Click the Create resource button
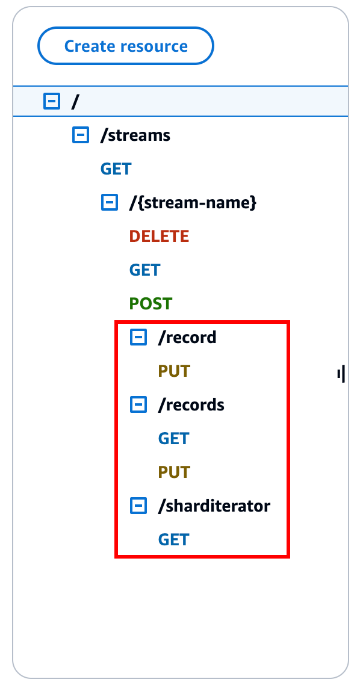[x=126, y=46]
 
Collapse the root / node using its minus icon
[x=52, y=102]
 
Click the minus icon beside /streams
[x=80, y=135]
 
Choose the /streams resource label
[x=135, y=135]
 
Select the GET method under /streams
[x=116, y=169]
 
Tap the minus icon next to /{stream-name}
[x=109, y=203]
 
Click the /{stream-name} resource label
[x=193, y=203]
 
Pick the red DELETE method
[x=159, y=237]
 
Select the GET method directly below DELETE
[x=144, y=270]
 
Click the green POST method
[x=151, y=304]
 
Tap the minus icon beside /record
[x=138, y=338]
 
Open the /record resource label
[x=187, y=338]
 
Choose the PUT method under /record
[x=174, y=371]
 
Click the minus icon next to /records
[x=138, y=405]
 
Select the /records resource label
[x=191, y=405]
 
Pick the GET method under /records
[x=173, y=439]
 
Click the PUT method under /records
[x=174, y=472]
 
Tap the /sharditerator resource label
[x=214, y=506]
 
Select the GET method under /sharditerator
[x=173, y=540]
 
